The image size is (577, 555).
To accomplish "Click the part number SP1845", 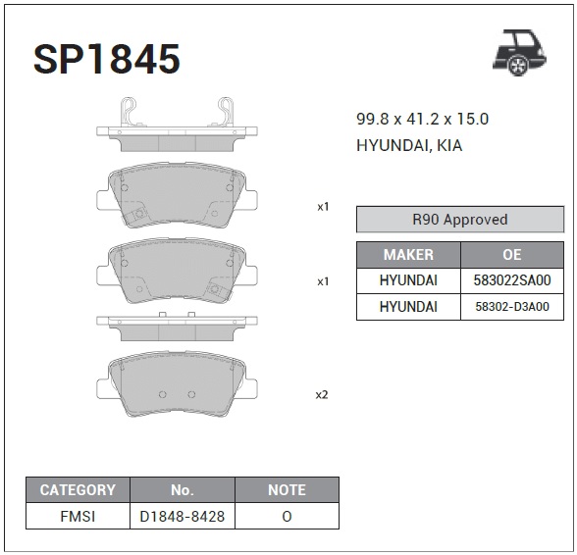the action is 107,59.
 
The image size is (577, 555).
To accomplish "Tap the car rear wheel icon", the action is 520,53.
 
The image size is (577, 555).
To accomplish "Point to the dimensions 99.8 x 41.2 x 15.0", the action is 422,120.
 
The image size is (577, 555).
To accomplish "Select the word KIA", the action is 449,146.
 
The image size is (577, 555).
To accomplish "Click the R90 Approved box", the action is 460,220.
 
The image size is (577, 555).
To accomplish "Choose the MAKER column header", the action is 408,255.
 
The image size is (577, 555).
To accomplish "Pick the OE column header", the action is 512,255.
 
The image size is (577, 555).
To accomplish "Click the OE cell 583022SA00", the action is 512,280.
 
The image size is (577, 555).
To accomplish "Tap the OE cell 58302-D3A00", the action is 512,307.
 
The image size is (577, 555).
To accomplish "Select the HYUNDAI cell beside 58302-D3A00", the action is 408,307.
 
